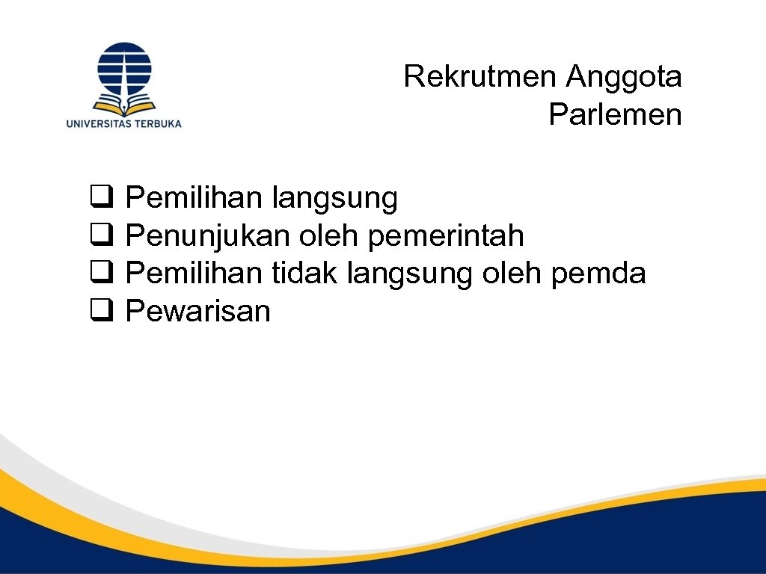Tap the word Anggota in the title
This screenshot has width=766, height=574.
tap(624, 76)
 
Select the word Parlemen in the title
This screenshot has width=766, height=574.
tap(615, 115)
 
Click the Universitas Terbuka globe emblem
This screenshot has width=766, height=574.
tap(124, 68)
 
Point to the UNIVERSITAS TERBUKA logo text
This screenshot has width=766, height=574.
tap(124, 123)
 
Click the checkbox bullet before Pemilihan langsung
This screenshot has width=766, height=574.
tap(101, 199)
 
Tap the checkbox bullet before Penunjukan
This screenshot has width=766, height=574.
tap(101, 237)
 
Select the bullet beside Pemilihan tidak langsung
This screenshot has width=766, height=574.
tap(101, 274)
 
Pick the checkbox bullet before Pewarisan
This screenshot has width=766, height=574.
tap(101, 312)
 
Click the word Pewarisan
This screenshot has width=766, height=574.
tap(198, 312)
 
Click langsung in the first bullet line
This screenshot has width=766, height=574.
tap(334, 200)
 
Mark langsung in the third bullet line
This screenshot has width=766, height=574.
tap(411, 274)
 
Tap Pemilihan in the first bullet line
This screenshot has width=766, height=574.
tap(194, 199)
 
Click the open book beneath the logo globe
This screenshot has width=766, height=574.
tap(124, 101)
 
